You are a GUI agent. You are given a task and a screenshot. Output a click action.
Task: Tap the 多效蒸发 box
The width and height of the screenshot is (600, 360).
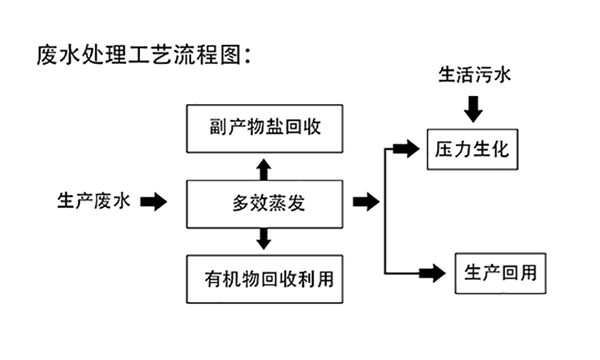264,203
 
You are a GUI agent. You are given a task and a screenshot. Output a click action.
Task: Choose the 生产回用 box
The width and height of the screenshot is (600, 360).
501,272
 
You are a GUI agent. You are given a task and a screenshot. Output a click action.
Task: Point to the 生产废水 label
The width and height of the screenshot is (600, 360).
92,202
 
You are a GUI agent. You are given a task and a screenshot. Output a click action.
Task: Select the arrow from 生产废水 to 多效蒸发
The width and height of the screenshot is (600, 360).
153,203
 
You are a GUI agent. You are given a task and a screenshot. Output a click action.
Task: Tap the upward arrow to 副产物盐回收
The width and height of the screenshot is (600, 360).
264,167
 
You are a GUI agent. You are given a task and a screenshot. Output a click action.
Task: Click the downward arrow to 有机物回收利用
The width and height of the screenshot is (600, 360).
264,239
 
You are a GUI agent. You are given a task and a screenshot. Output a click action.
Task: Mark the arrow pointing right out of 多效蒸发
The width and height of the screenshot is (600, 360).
367,203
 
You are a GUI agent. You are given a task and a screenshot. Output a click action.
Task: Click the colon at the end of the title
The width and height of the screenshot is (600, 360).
247,55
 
